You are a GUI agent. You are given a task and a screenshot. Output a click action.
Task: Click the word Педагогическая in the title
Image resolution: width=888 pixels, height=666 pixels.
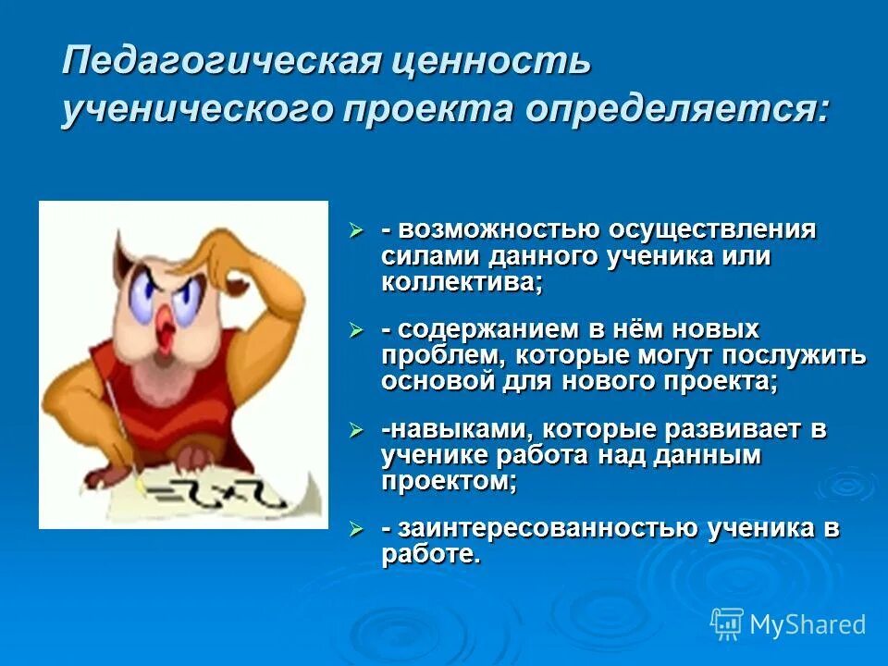[217, 63]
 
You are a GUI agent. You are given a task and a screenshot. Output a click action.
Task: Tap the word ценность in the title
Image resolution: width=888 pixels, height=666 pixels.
[489, 63]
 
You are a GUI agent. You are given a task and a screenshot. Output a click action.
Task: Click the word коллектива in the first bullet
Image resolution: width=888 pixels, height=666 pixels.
[461, 281]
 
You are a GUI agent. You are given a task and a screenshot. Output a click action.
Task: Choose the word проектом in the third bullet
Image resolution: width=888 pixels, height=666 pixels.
[448, 481]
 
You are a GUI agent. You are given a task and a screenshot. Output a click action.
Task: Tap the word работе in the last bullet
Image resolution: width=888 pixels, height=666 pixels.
[430, 555]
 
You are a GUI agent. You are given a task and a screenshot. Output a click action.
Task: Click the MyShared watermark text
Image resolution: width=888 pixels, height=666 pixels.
[808, 624]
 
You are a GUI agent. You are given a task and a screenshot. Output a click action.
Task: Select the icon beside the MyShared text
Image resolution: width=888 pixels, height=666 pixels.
[727, 624]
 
